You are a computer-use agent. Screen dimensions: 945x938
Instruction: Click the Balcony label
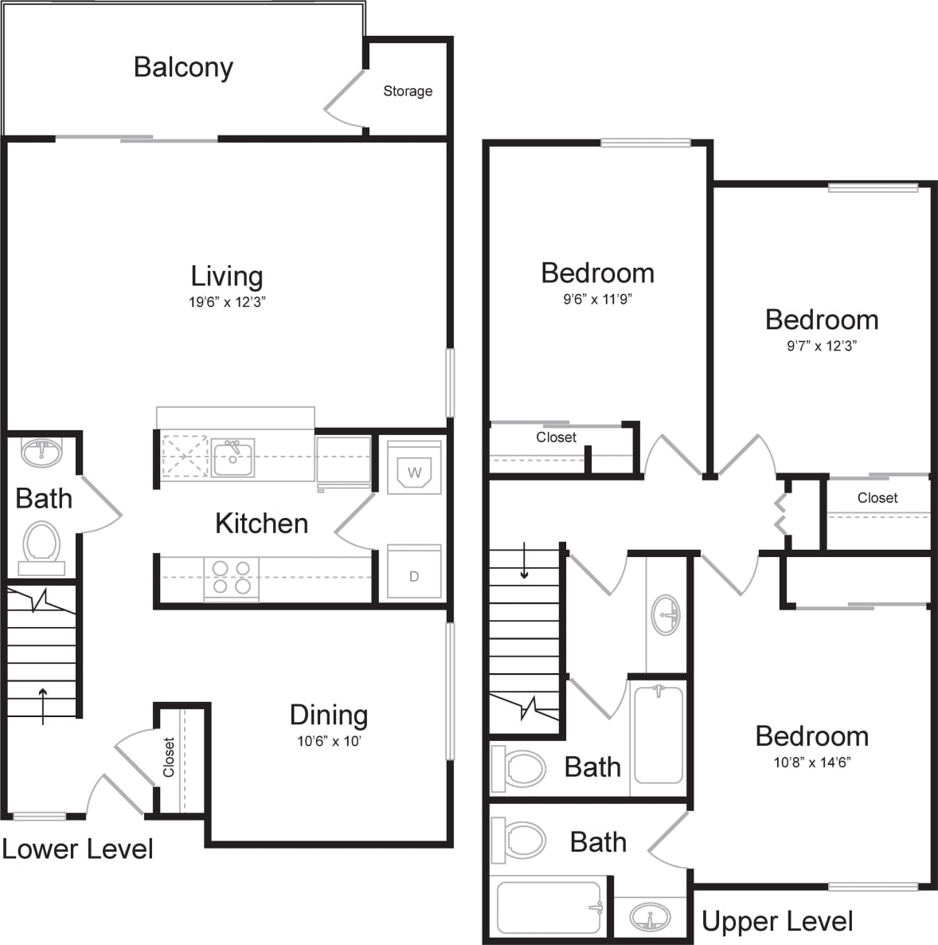click(x=183, y=68)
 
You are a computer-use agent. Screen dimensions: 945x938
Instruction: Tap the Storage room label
click(x=408, y=91)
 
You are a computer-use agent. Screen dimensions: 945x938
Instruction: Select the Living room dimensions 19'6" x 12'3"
click(x=227, y=302)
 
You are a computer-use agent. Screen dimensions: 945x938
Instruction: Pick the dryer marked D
click(x=414, y=574)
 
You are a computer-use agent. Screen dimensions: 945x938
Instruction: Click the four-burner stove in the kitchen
click(x=231, y=578)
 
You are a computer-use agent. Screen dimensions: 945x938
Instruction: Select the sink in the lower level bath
click(x=41, y=453)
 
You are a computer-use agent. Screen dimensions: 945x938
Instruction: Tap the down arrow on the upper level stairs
click(x=524, y=561)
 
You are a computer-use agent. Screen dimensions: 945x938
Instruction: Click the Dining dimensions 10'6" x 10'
click(x=329, y=741)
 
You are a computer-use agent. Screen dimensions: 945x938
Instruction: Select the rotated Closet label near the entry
click(x=169, y=757)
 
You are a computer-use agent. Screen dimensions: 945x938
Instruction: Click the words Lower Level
click(x=77, y=849)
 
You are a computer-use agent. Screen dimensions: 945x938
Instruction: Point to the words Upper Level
click(x=776, y=922)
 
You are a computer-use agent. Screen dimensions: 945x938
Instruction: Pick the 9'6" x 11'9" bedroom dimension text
click(x=597, y=300)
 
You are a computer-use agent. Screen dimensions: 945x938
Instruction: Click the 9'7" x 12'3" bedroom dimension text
click(x=821, y=346)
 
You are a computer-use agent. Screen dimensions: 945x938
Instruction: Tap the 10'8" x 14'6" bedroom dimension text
click(x=811, y=763)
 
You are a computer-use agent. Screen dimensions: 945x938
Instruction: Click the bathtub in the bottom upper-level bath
click(x=548, y=907)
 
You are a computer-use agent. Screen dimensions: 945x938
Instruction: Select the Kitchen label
click(x=261, y=523)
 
